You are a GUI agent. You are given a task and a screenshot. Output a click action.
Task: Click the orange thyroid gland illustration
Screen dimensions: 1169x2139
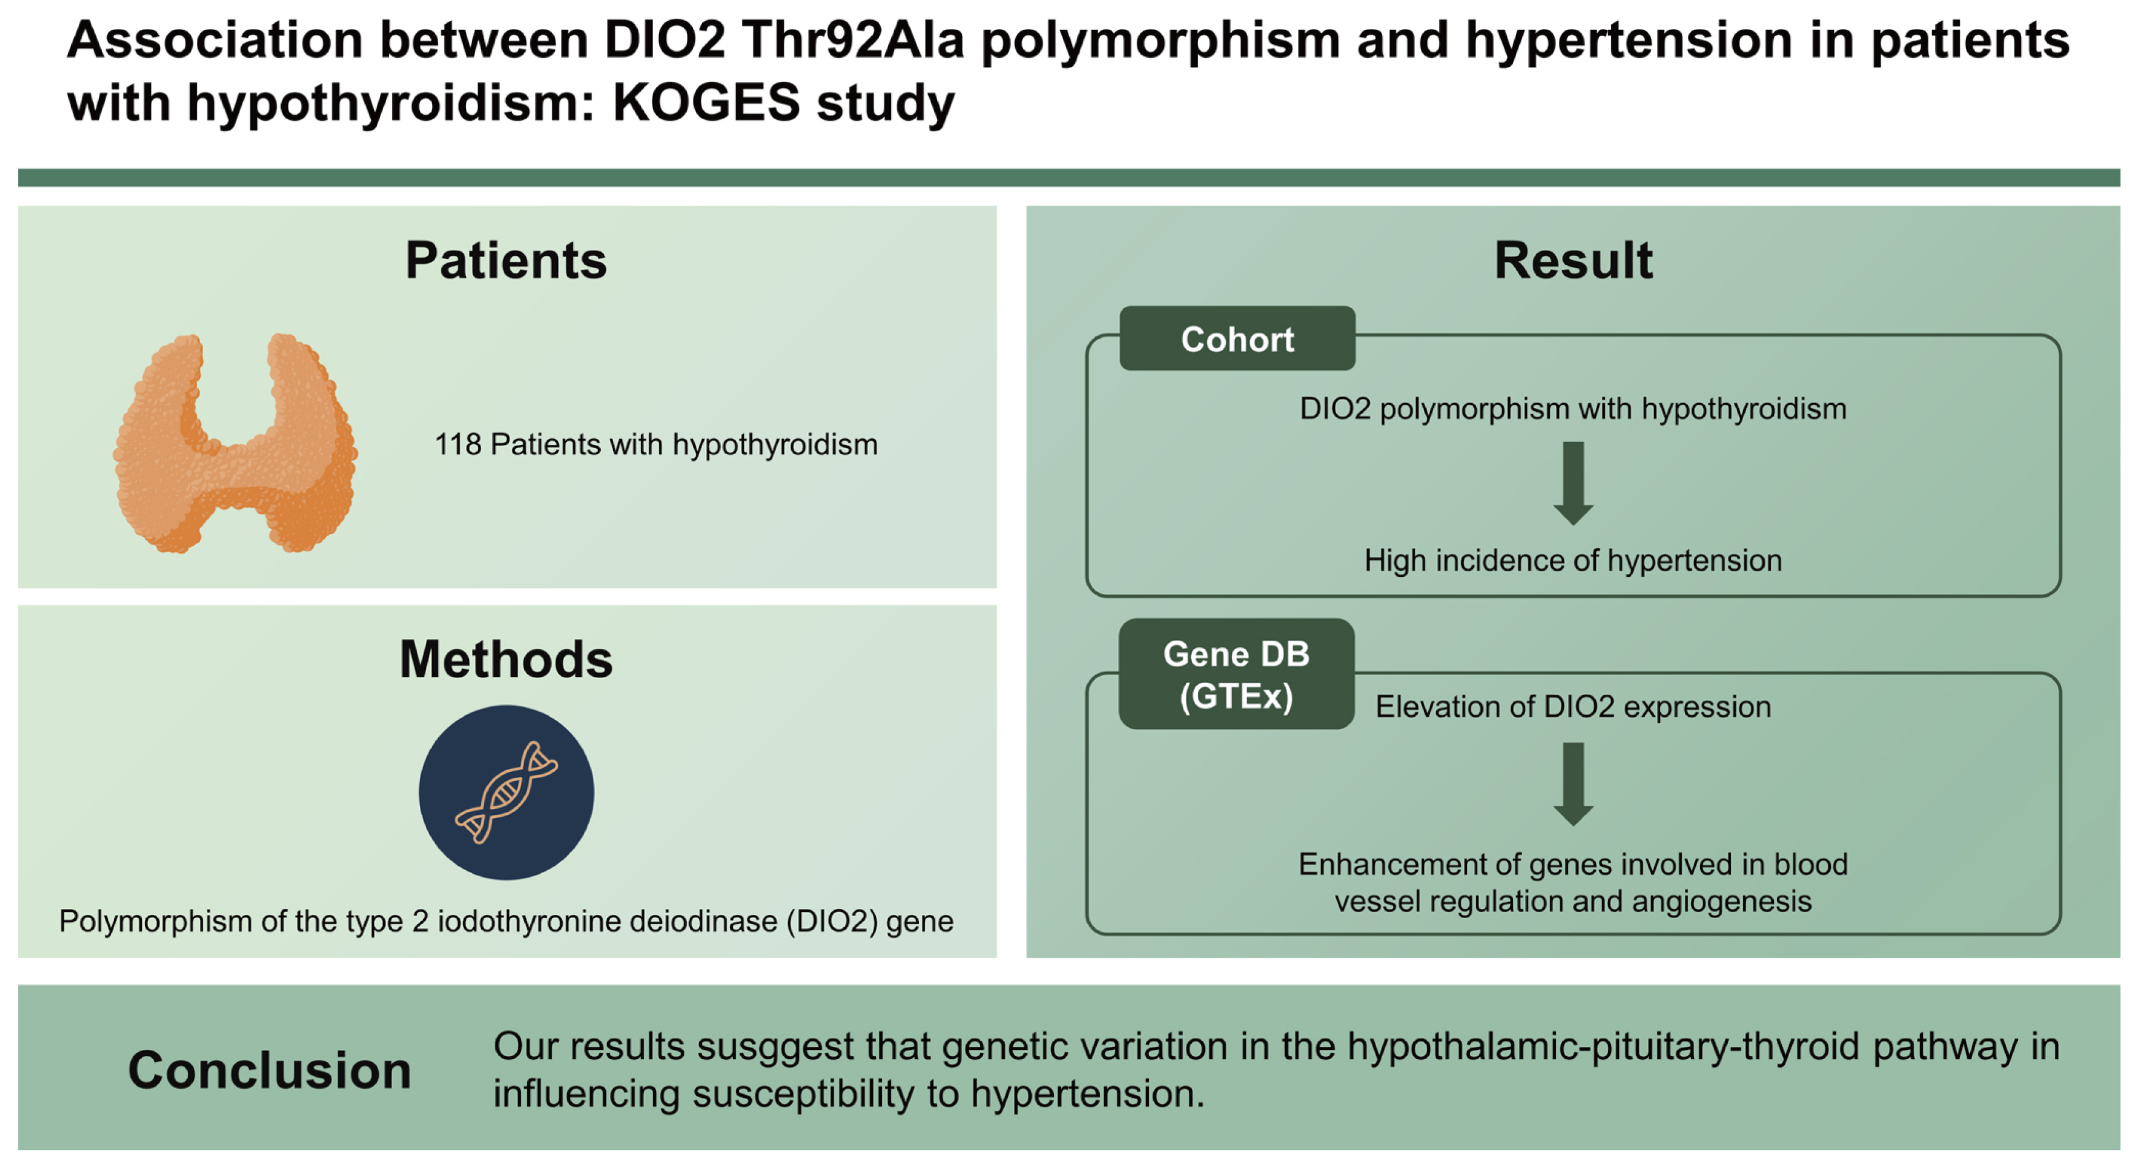pyautogui.click(x=235, y=444)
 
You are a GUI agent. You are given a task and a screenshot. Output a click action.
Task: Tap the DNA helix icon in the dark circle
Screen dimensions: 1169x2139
pyautogui.click(x=506, y=792)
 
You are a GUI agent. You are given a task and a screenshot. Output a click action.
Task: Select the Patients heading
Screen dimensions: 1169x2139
pyautogui.click(x=506, y=261)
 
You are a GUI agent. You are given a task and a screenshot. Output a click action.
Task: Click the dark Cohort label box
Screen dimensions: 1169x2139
pyautogui.click(x=1237, y=339)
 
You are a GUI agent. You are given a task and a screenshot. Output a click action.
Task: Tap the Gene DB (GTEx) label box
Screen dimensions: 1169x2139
pyautogui.click(x=1236, y=674)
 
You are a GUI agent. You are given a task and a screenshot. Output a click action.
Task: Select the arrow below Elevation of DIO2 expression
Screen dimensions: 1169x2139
pyautogui.click(x=1572, y=784)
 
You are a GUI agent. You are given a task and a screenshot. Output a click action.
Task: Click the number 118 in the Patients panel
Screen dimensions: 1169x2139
pyautogui.click(x=457, y=445)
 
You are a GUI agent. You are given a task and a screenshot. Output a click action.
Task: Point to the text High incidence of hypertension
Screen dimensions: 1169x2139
pyautogui.click(x=1572, y=560)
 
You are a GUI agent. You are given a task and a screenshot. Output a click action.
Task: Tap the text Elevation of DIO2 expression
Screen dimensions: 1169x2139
pyautogui.click(x=1572, y=706)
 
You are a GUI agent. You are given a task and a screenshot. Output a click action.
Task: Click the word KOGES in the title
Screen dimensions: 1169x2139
pyautogui.click(x=706, y=103)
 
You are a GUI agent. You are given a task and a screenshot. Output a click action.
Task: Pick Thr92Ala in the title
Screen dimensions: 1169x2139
pyautogui.click(x=853, y=40)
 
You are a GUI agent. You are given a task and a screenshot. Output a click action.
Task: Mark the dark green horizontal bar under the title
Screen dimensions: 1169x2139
pyautogui.click(x=1069, y=178)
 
